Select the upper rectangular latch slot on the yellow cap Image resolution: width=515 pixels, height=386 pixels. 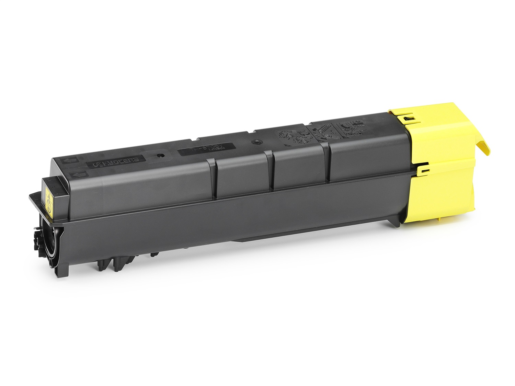click(x=408, y=118)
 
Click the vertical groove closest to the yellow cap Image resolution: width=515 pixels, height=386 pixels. click(x=326, y=161)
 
